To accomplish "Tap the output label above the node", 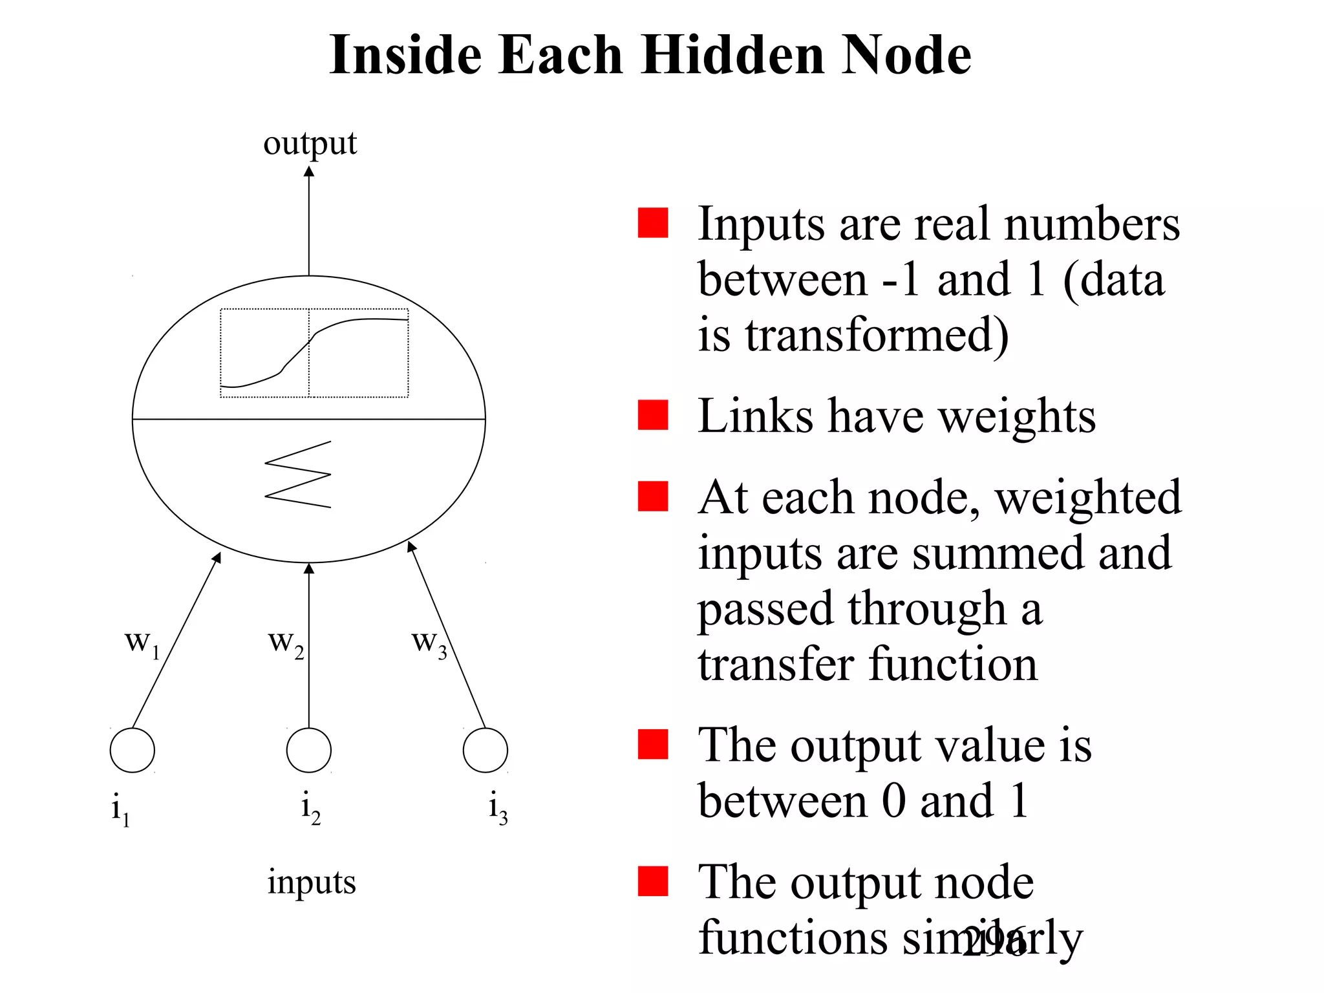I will pyautogui.click(x=310, y=144).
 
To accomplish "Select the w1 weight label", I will pyautogui.click(x=142, y=643).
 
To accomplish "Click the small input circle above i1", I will pyautogui.click(x=133, y=751).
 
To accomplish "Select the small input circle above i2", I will pyautogui.click(x=309, y=751).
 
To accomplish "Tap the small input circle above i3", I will pyautogui.click(x=486, y=751).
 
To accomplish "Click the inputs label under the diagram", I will pyautogui.click(x=312, y=883).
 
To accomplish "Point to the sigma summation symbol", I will pyautogui.click(x=298, y=475).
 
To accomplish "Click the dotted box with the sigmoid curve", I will pyautogui.click(x=314, y=353).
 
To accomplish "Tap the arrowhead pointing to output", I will pyautogui.click(x=309, y=172).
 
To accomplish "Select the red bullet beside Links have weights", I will pyautogui.click(x=653, y=415).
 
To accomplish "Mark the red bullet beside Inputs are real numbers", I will pyautogui.click(x=653, y=223).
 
